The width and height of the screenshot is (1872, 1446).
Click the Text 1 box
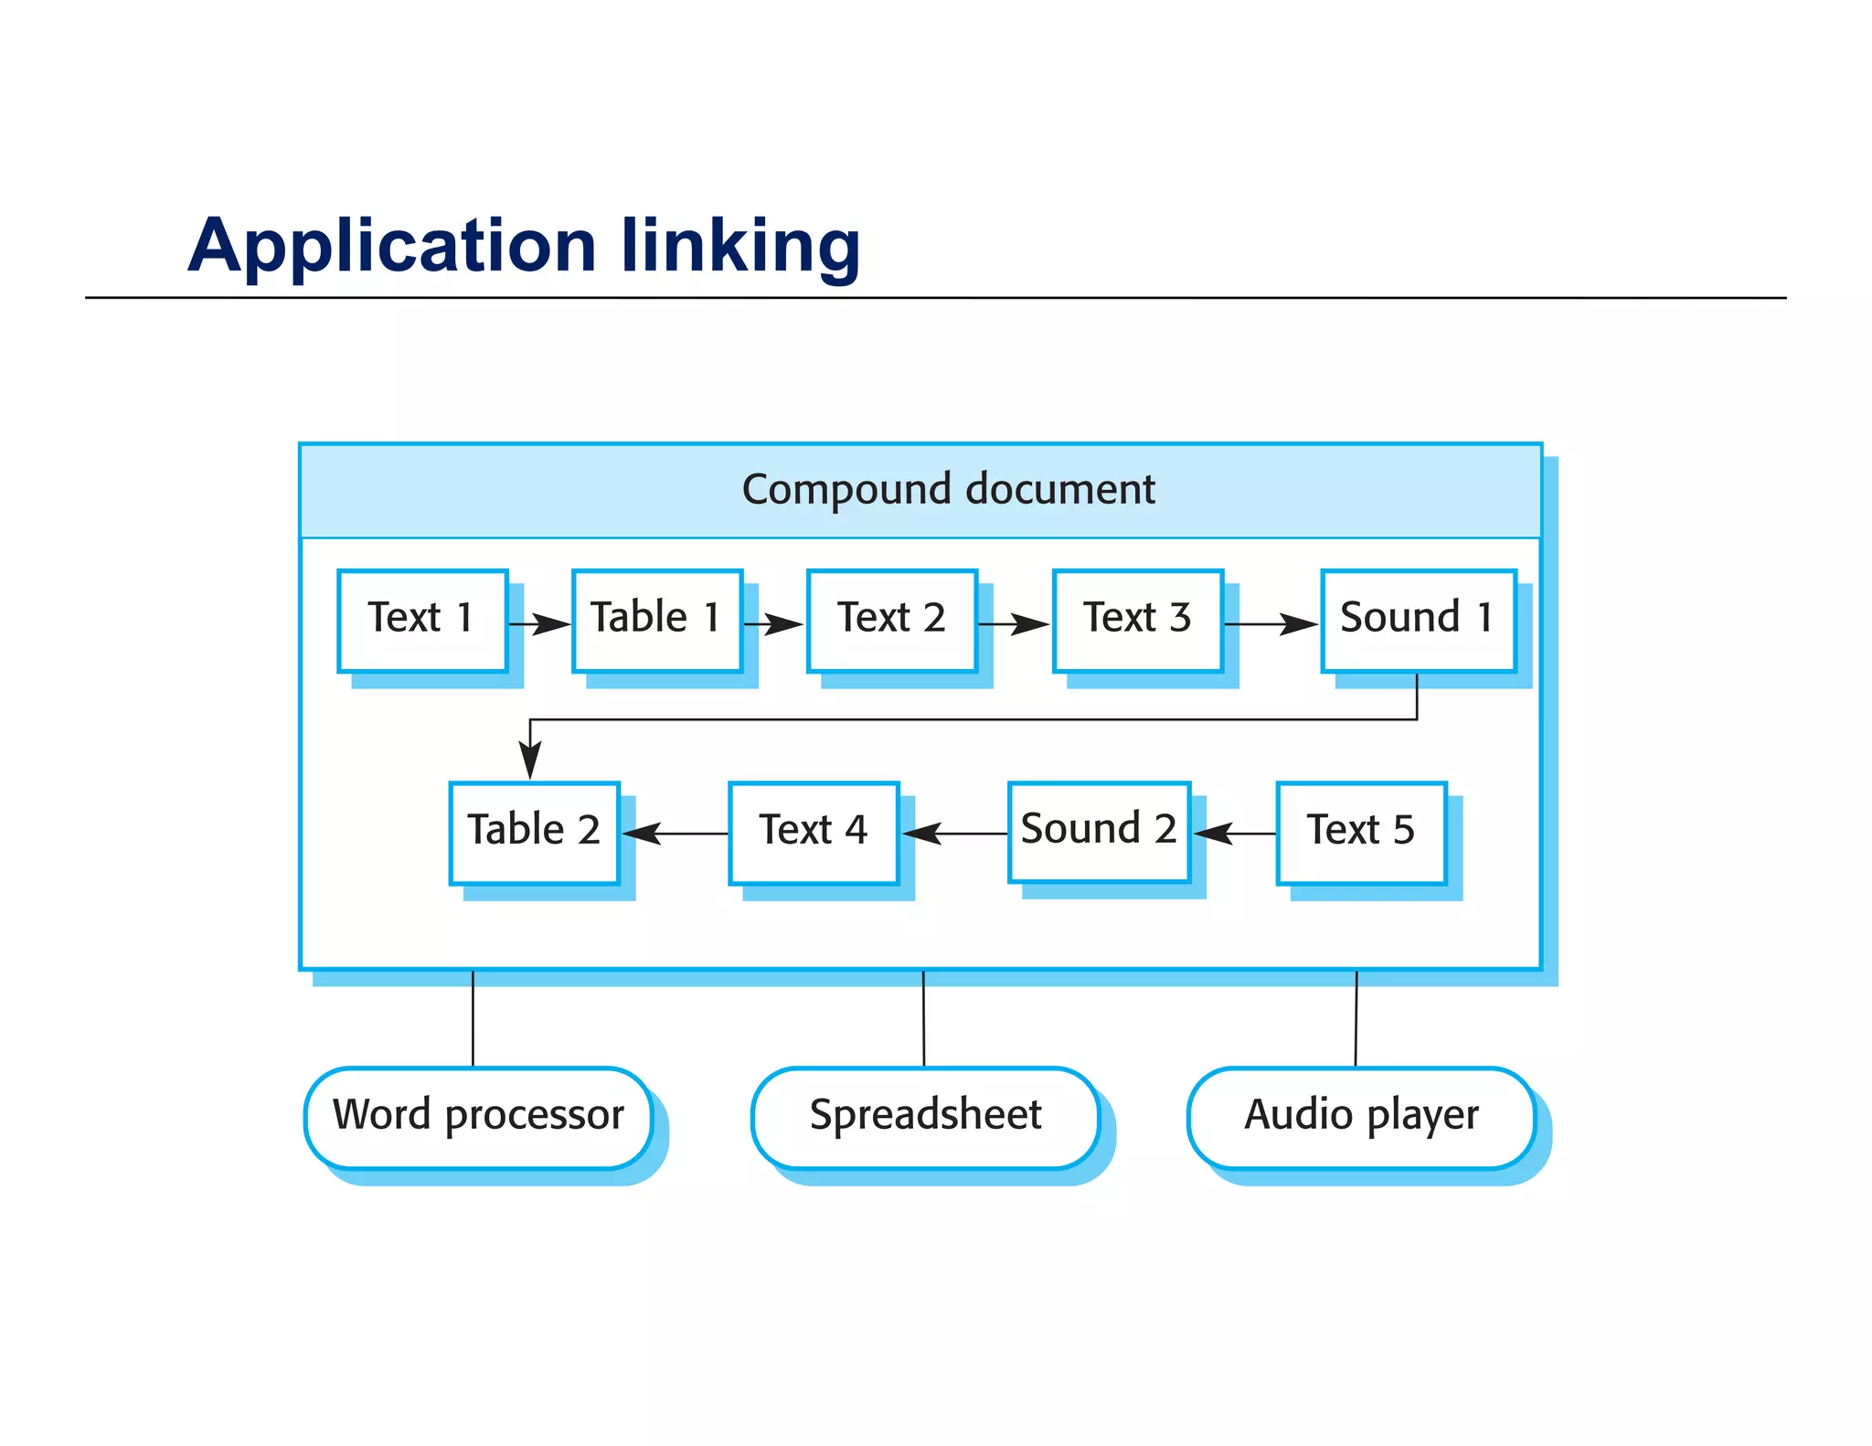(x=422, y=621)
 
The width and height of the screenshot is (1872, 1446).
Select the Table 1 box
(x=656, y=621)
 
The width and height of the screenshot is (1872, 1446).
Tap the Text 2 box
(x=891, y=621)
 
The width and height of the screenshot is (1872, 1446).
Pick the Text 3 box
(x=1137, y=621)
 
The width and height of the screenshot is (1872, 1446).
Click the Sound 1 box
(x=1418, y=621)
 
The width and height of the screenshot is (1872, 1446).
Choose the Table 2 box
(x=534, y=833)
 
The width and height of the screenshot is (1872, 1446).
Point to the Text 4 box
(x=814, y=833)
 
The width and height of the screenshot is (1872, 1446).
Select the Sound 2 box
(x=1099, y=832)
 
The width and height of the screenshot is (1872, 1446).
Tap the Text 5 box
(x=1361, y=833)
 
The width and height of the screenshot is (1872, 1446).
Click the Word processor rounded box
(x=478, y=1117)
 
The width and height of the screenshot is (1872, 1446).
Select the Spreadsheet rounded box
(x=925, y=1117)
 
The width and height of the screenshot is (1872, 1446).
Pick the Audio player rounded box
(x=1361, y=1117)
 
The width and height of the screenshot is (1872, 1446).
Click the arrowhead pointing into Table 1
(x=552, y=624)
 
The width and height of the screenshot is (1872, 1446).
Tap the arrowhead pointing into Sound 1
(x=1300, y=624)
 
